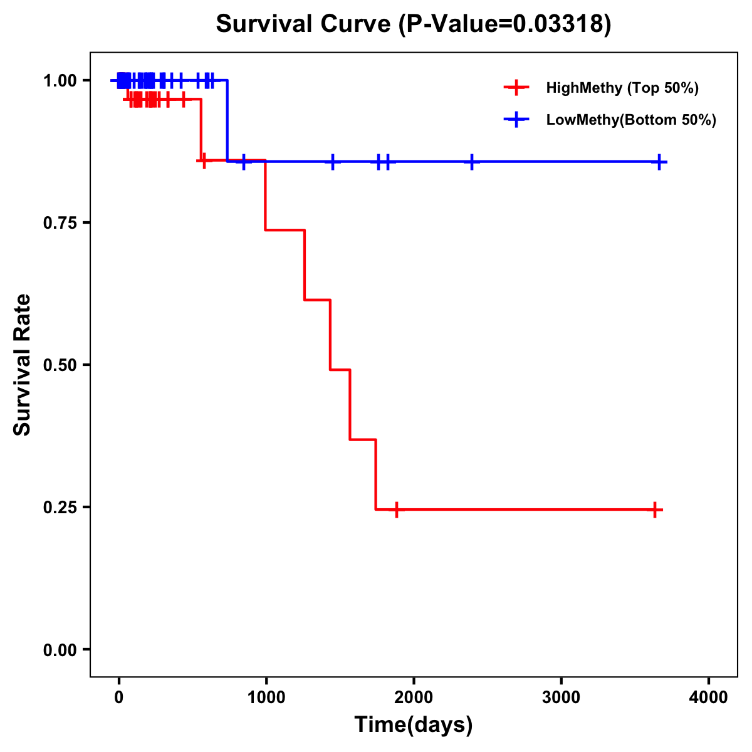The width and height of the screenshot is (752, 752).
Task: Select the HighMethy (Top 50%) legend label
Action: click(x=622, y=88)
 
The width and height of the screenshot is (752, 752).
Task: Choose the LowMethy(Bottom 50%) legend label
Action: click(x=631, y=120)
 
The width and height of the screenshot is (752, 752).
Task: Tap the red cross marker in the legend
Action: click(x=516, y=88)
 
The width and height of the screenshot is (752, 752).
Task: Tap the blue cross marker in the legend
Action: click(x=516, y=120)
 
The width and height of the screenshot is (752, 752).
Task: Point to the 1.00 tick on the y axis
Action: click(x=60, y=80)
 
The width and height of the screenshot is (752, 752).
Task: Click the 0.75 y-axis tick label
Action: click(x=60, y=222)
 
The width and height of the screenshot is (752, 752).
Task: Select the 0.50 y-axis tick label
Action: click(x=60, y=365)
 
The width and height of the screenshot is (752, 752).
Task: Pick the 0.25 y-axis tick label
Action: click(x=60, y=507)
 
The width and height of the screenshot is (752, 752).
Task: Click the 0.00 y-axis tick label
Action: click(x=60, y=650)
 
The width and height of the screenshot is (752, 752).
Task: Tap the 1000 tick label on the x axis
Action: click(x=266, y=697)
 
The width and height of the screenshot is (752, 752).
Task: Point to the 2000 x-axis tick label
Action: click(x=414, y=697)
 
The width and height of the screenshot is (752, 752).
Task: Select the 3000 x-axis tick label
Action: click(x=561, y=697)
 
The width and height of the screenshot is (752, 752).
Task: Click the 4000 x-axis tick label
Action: click(x=709, y=697)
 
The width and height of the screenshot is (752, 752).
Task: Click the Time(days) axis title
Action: click(x=414, y=725)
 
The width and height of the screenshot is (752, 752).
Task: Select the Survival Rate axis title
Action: click(x=23, y=365)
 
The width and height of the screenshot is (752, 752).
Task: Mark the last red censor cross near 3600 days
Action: click(x=654, y=510)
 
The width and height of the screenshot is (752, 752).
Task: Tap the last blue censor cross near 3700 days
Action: click(x=659, y=162)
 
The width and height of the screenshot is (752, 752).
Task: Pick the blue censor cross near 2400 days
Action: click(x=472, y=162)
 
